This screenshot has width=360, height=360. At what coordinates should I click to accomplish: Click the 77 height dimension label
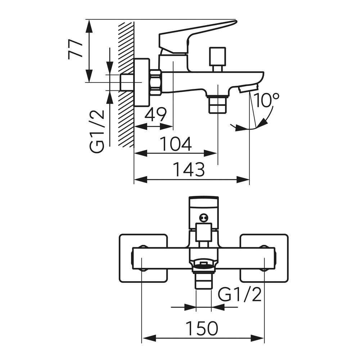tap(75, 49)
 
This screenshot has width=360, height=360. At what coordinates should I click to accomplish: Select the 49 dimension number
tap(156, 114)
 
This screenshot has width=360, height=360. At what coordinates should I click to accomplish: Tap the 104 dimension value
tap(175, 144)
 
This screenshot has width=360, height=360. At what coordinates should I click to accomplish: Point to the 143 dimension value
tap(188, 170)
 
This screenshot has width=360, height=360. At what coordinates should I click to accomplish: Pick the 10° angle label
tap(266, 100)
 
